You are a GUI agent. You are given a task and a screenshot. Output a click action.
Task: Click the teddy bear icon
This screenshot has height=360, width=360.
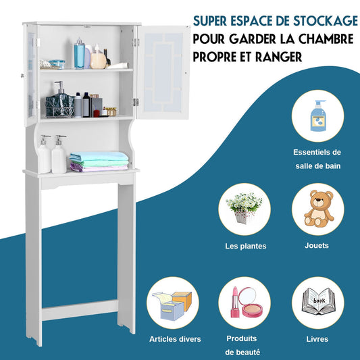pyautogui.click(x=317, y=209)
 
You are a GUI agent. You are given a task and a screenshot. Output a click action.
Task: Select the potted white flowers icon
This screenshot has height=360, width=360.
pyautogui.click(x=245, y=209)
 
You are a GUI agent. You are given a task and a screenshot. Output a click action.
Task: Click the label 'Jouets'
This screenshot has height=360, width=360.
pyautogui.click(x=316, y=245)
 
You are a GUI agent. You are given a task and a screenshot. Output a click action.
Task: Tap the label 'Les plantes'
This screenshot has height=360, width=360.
pyautogui.click(x=245, y=247)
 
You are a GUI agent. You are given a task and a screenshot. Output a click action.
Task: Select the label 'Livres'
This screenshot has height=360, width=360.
pyautogui.click(x=317, y=338)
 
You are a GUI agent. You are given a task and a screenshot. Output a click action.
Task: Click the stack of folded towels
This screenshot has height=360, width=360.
pyautogui.click(x=99, y=161)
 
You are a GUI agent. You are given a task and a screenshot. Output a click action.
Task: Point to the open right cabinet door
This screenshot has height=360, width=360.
pyautogui.click(x=162, y=71)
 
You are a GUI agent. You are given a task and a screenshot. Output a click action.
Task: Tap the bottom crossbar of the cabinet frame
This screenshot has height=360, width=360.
pyautogui.click(x=80, y=311)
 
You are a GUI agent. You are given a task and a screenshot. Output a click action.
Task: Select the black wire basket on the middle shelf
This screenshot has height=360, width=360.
pyautogui.click(x=59, y=105)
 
